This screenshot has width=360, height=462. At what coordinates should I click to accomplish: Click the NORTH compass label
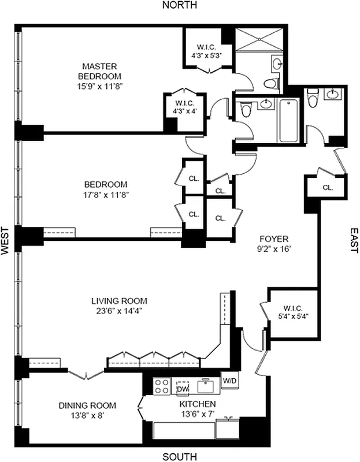click(180, 5)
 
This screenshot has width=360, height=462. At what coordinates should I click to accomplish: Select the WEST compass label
click(5, 241)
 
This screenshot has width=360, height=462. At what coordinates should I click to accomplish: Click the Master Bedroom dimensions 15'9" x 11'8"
click(101, 85)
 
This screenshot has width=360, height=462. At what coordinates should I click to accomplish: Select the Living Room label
click(119, 301)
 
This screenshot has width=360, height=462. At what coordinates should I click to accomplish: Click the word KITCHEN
click(198, 404)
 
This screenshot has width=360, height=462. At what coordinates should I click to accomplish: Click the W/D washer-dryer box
click(229, 381)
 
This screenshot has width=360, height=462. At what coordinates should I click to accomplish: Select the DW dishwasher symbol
click(183, 388)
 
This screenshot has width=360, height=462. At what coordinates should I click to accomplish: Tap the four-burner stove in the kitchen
click(160, 386)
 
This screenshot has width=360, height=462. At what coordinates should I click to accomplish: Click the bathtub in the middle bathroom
click(287, 121)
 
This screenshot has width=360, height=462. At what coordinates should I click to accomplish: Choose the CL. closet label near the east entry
click(328, 188)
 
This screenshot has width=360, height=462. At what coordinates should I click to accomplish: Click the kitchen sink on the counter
click(205, 385)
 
